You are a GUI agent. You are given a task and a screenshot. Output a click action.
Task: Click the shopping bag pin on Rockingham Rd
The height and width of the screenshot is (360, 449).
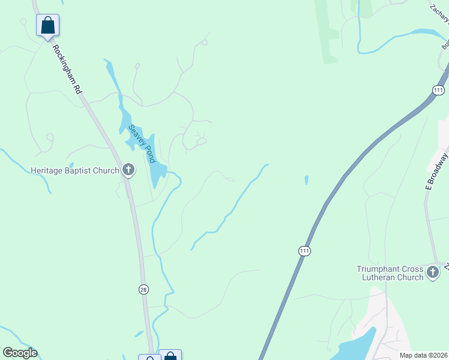click(48, 26)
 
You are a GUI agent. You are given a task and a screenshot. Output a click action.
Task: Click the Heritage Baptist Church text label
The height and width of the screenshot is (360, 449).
click(75, 171)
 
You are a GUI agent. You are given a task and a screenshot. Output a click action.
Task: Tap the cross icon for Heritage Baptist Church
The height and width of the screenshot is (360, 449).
click(128, 170)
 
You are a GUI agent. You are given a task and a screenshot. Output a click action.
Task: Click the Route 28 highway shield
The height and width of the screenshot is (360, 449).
click(143, 289)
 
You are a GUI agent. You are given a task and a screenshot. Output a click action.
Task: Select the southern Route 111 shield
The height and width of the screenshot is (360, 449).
click(305, 250)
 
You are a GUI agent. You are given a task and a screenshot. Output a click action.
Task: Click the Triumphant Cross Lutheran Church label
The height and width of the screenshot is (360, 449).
click(390, 273)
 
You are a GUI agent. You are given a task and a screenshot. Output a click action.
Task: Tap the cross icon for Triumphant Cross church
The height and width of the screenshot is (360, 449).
click(433, 273)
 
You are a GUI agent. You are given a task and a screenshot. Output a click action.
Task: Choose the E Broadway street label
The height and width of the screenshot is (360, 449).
click(437, 171)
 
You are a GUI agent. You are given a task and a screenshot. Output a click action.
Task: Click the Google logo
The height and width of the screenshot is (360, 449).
click(20, 352)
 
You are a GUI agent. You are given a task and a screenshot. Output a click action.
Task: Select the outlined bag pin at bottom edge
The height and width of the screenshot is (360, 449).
click(149, 358)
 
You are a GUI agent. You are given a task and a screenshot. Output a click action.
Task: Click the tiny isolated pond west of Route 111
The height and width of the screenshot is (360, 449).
click(306, 179)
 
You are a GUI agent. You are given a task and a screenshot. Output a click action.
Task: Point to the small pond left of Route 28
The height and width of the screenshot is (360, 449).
click(139, 334)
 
